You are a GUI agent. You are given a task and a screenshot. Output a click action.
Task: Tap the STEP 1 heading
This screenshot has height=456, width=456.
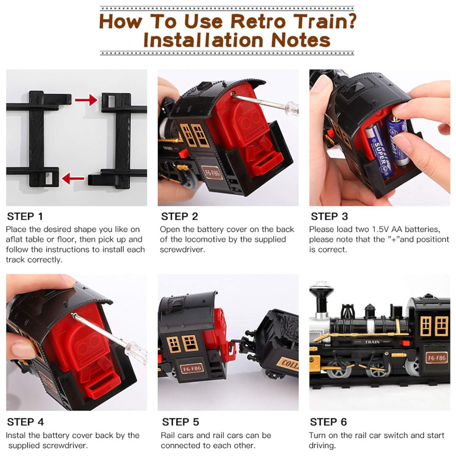[25, 216]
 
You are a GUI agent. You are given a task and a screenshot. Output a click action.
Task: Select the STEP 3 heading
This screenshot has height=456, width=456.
[329, 216]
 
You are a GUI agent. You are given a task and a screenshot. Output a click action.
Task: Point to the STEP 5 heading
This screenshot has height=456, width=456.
[180, 422]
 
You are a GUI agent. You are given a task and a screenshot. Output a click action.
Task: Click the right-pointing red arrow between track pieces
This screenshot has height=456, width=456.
[86, 100]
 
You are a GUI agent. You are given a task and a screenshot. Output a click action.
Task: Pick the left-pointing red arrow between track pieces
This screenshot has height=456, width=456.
[73, 178]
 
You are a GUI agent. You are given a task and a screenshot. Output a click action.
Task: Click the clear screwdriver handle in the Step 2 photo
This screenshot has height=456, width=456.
[291, 108]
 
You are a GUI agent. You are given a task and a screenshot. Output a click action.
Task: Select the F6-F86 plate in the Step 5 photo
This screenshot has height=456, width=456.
[192, 368]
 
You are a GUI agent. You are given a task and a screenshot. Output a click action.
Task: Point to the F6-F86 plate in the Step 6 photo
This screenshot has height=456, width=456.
[436, 358]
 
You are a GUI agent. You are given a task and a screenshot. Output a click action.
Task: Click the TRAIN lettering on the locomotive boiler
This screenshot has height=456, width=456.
[372, 342]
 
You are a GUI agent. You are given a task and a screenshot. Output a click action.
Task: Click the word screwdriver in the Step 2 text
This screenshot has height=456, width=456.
[182, 249]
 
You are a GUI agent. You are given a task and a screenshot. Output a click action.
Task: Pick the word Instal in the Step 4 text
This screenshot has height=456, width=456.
[16, 435]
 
